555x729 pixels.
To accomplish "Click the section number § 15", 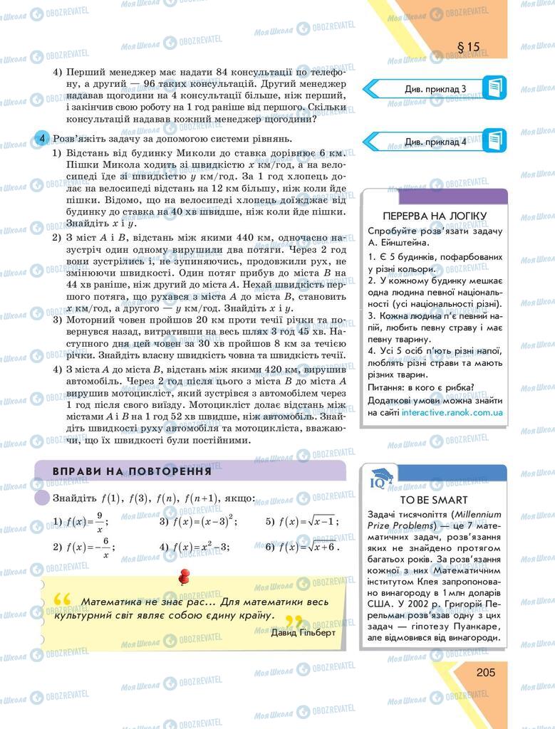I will click(x=468, y=48).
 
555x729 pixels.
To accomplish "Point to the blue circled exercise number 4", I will click(x=43, y=137).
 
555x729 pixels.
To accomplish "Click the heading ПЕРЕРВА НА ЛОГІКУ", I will click(x=434, y=215).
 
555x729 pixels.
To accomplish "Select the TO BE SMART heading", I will click(x=434, y=500).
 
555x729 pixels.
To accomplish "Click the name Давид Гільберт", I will click(x=303, y=631).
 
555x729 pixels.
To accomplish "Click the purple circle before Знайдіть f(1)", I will click(x=42, y=499).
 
